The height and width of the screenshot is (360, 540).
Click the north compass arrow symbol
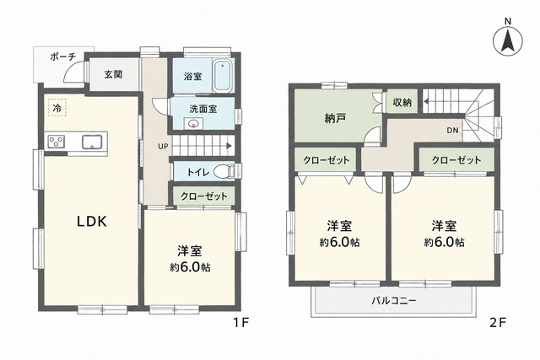point(508,41)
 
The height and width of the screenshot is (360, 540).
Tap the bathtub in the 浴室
point(224,77)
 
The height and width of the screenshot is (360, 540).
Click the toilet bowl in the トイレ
point(224,171)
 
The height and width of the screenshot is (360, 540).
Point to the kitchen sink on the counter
point(92,142)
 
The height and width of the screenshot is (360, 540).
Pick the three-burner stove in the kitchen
point(57,142)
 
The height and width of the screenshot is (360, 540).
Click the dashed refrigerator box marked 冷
point(57,108)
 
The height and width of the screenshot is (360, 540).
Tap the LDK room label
point(92,222)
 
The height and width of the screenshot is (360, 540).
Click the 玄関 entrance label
point(114,74)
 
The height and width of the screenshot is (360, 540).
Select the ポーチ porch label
point(62,56)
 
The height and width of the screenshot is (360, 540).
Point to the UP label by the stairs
point(163,146)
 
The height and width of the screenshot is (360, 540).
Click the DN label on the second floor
point(452,131)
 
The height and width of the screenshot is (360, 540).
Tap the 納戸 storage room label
point(335,118)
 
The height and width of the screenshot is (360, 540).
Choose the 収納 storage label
point(402,102)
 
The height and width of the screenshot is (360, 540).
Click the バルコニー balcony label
point(394,301)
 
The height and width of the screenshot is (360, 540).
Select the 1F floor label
point(240,323)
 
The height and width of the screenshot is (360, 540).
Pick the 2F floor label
point(498,323)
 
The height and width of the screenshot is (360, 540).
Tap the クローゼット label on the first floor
point(204,196)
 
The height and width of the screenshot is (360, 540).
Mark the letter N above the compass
point(508,21)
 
